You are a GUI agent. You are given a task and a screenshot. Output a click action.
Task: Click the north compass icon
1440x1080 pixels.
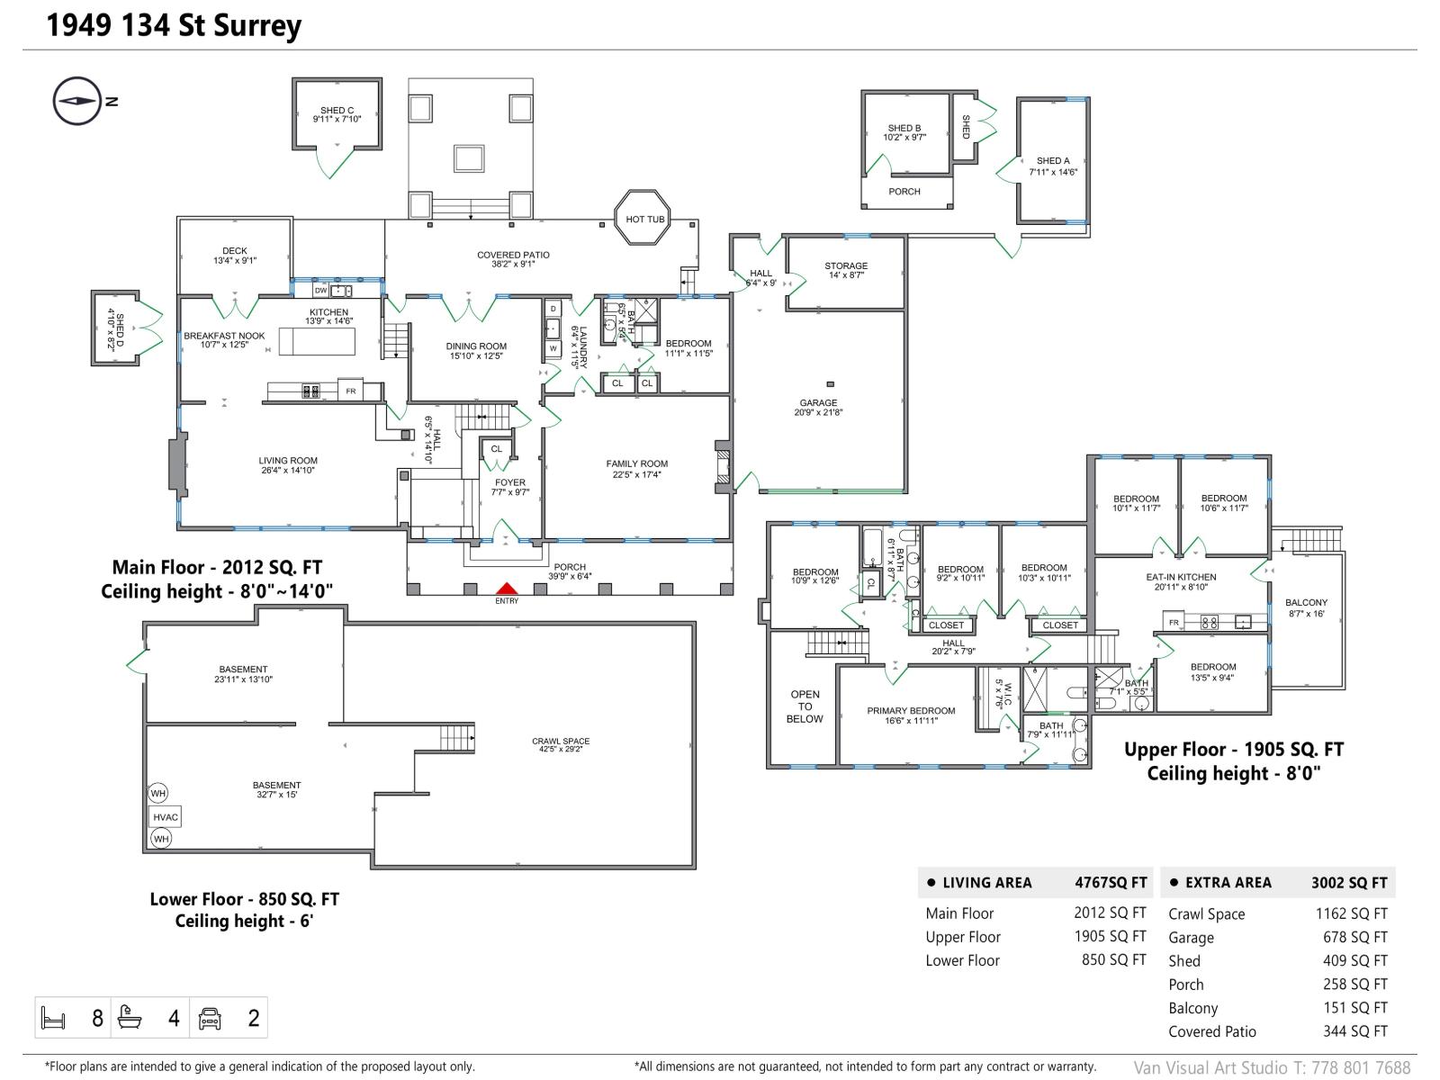coord(76,102)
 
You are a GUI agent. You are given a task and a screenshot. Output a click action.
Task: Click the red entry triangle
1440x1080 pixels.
coord(507,589)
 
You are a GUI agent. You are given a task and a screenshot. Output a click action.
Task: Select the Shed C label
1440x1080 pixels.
coord(337,114)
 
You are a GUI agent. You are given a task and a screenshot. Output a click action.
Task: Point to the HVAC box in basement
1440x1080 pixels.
coord(166,817)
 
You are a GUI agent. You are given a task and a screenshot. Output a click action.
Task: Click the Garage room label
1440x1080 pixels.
coord(817,408)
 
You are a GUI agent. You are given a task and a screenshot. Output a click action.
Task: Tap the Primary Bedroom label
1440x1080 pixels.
coord(911,715)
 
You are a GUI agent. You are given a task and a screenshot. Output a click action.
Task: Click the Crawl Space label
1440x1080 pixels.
coord(560,745)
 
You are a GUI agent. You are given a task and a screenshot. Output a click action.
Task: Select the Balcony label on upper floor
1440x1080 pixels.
coord(1306,607)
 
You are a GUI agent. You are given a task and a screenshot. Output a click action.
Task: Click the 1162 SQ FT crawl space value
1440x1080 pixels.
coord(1351,913)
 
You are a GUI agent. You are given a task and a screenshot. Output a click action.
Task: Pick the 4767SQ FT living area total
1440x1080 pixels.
coord(1111,883)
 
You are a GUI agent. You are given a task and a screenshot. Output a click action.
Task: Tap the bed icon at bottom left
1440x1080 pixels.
coord(53,1018)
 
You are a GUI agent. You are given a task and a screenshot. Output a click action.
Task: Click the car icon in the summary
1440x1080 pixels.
coord(210,1018)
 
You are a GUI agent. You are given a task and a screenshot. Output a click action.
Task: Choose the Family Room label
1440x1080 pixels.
coord(636,469)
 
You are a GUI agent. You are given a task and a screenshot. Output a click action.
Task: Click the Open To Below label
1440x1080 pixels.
coord(805,706)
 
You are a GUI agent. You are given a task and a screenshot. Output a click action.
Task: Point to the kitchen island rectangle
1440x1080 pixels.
coord(317,342)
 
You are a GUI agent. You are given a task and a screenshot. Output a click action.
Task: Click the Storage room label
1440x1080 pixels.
coord(846,270)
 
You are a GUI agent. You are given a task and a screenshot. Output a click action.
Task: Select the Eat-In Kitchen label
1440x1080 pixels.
coord(1181,581)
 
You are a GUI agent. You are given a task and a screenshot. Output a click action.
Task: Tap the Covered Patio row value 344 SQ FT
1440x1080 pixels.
coord(1354,1031)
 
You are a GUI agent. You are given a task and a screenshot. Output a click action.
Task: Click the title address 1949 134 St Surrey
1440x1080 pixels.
coord(174,25)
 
